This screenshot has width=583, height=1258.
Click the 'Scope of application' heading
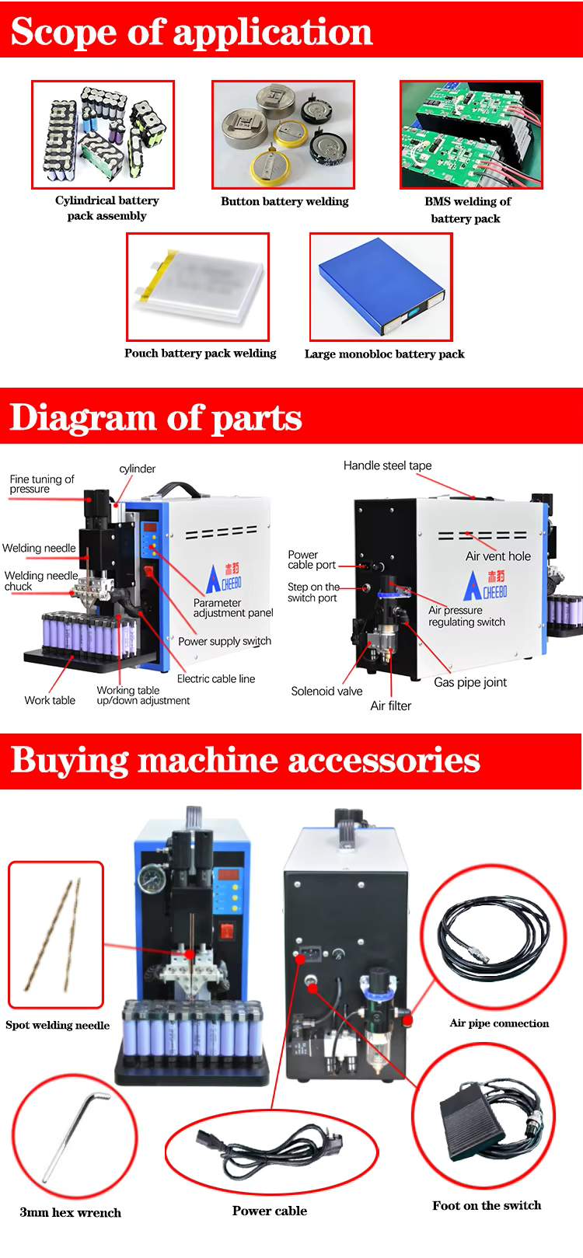[191, 31]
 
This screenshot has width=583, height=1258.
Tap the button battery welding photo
[283, 134]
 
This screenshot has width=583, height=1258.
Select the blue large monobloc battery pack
[380, 286]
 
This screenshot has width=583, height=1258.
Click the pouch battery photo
[197, 287]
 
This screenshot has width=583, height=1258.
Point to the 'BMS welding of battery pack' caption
[467, 210]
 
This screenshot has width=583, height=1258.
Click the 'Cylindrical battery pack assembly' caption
[106, 208]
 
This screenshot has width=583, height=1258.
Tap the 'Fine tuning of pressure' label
[41, 484]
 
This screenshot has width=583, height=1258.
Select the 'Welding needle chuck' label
[40, 580]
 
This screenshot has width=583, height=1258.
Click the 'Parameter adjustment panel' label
[232, 608]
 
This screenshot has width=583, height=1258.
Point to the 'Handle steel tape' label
[387, 465]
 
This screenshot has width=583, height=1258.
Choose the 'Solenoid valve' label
[326, 691]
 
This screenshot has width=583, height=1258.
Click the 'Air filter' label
[390, 706]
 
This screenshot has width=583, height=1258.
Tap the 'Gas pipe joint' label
[470, 682]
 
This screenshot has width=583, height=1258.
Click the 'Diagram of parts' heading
[155, 417]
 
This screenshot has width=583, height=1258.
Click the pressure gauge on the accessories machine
[148, 879]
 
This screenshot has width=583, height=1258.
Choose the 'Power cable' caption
[269, 1211]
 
